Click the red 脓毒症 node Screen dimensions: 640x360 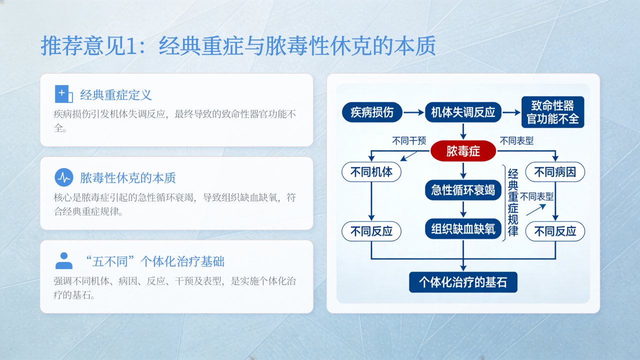[x=463, y=151]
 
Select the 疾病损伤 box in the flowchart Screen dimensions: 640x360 [x=372, y=112]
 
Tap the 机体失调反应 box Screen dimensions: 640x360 [x=463, y=112]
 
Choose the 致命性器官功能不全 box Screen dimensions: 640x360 [x=552, y=112]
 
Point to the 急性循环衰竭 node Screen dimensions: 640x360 [x=463, y=190]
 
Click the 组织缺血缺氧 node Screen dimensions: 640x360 [x=463, y=229]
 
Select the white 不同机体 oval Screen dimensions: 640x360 [x=371, y=172]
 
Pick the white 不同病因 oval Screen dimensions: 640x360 [x=555, y=172]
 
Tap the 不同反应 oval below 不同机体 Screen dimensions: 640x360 [x=371, y=231]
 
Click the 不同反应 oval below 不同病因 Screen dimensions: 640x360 [x=555, y=231]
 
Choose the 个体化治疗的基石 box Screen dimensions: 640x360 [x=463, y=282]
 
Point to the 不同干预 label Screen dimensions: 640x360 [x=409, y=140]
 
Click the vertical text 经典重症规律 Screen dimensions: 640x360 [x=513, y=202]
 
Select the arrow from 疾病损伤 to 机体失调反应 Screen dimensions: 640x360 [x=413, y=112]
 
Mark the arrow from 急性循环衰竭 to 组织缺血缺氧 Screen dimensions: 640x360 [x=463, y=209]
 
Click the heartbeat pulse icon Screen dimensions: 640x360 [x=64, y=177]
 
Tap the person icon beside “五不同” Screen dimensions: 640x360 [x=64, y=260]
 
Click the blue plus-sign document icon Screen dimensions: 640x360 [x=63, y=93]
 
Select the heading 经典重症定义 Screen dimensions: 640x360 [x=115, y=95]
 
